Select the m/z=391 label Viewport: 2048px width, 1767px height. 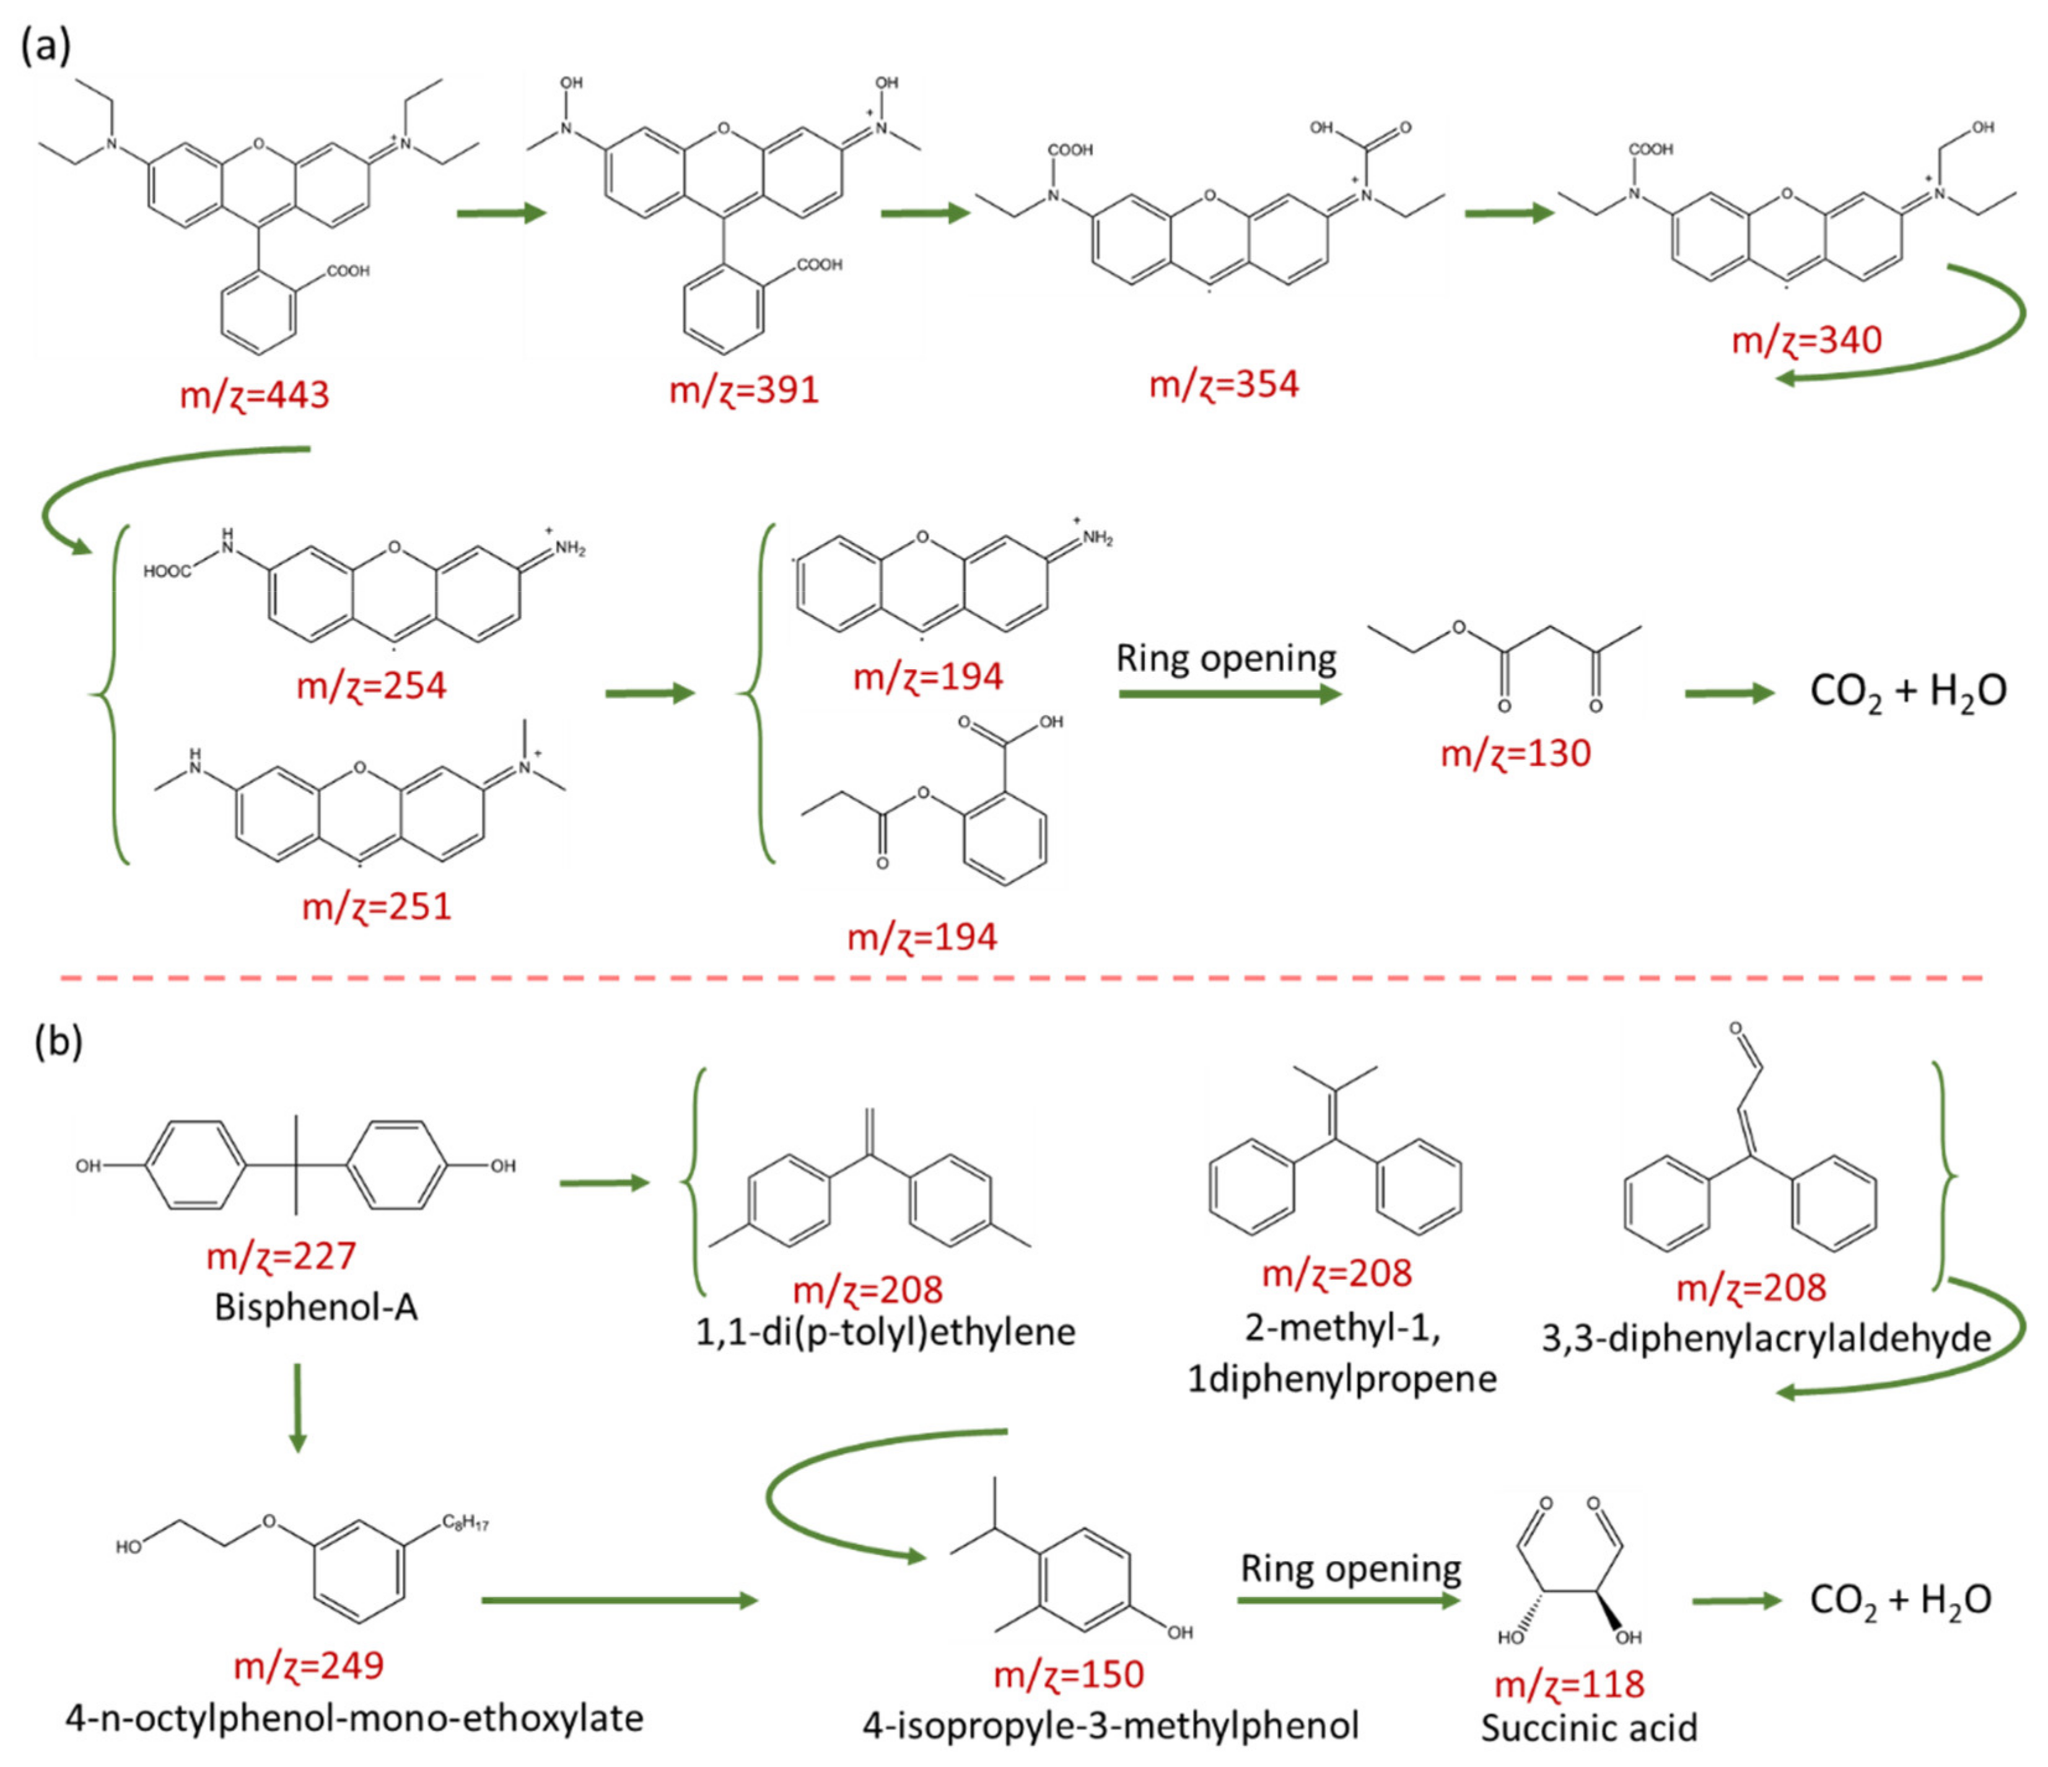coord(744,390)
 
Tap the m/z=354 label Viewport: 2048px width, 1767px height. coord(1223,383)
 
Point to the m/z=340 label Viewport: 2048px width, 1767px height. coord(1807,341)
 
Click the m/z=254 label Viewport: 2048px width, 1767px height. coord(372,685)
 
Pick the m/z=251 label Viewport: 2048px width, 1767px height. coord(377,905)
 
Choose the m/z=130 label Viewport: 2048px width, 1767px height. coord(1515,753)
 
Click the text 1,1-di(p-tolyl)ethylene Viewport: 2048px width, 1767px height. coord(886,1331)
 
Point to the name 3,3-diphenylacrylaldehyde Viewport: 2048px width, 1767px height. coord(1766,1337)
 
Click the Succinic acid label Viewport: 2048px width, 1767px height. coord(1588,1727)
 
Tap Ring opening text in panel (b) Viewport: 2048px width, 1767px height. coord(1350,1568)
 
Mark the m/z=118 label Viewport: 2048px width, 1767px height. coord(1570,1683)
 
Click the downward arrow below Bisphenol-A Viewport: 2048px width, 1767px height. coord(297,1408)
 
